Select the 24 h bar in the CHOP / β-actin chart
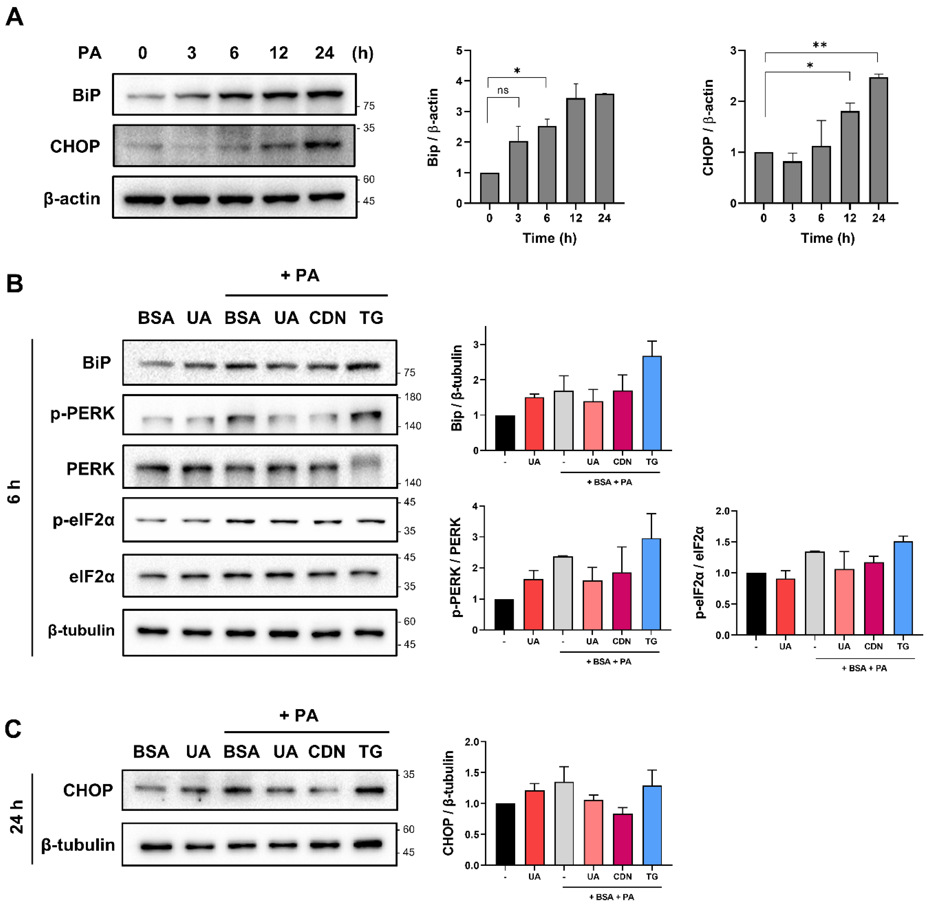(878, 141)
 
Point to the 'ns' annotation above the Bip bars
(503, 90)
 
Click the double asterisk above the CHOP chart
(820, 45)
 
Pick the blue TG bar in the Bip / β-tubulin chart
(652, 403)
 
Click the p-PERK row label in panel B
(83, 413)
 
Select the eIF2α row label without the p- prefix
(92, 577)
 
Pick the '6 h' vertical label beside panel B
(15, 491)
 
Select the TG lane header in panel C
(371, 752)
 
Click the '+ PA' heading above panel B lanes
(300, 275)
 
